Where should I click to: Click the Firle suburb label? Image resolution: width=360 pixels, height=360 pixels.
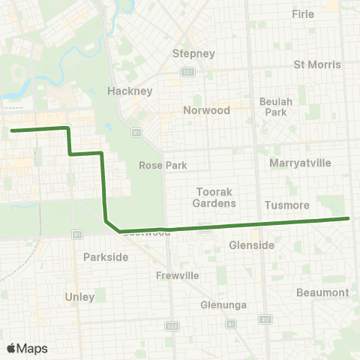pos(303,14)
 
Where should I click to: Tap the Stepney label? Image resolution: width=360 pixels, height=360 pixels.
pos(193,53)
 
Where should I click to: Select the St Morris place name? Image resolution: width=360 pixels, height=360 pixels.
pos(317,64)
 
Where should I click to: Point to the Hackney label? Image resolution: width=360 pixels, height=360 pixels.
pos(130,91)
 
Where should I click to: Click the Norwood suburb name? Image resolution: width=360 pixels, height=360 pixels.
pos(206,109)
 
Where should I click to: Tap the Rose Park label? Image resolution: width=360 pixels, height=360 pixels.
pos(163,165)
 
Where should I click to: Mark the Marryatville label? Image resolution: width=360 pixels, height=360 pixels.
pos(300,161)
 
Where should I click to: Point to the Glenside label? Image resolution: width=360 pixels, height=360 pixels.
pos(251,245)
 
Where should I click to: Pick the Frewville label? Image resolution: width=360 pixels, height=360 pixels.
pos(177,275)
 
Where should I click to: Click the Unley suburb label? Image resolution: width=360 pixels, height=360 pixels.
pos(79,296)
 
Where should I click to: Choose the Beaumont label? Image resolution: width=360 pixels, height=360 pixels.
pos(322,292)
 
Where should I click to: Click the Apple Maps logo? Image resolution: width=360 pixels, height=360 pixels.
pos(27,348)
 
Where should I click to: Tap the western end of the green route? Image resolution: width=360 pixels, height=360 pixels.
pos(12,130)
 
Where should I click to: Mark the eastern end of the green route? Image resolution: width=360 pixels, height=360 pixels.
pos(348,218)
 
